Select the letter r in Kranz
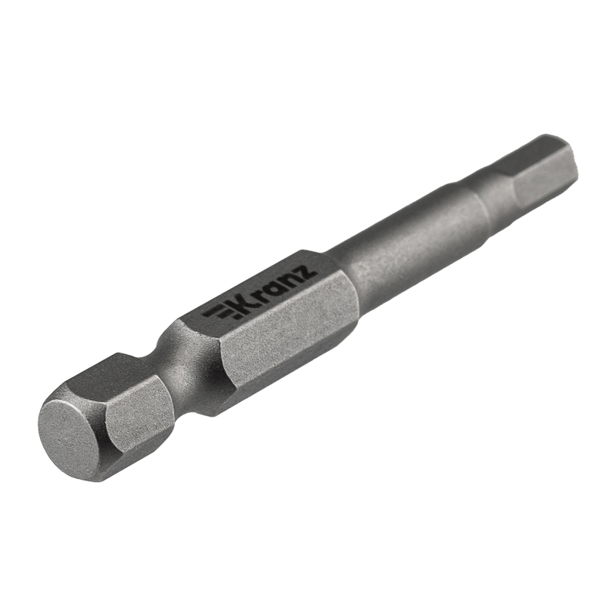coord(266,295)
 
